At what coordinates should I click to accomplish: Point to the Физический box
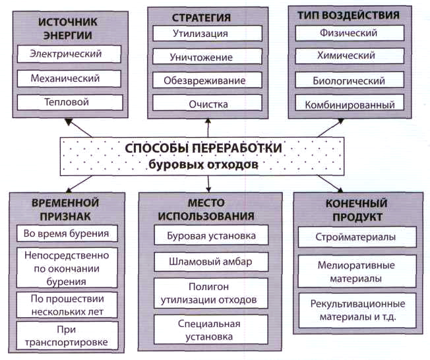pos(349,33)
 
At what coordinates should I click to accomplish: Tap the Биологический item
pos(349,80)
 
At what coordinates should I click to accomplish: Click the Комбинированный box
pos(349,104)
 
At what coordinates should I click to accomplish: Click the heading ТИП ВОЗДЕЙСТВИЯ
pos(350,15)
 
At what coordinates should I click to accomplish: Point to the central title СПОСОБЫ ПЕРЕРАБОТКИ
pos(202,148)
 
